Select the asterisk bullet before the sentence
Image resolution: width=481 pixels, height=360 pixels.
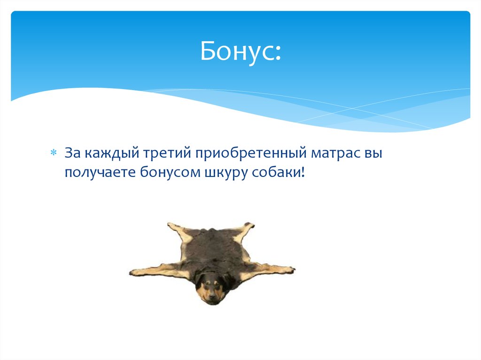click(54, 153)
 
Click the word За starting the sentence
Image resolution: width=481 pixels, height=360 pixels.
click(73, 153)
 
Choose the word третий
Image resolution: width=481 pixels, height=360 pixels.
click(161, 153)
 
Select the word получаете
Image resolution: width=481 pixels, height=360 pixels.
click(100, 173)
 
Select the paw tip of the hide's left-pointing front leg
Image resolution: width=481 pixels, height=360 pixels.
click(133, 272)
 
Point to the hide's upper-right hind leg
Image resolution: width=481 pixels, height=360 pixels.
click(247, 228)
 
